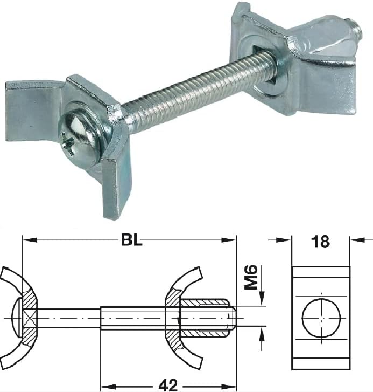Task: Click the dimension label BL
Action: [131, 239]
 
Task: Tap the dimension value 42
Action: [169, 384]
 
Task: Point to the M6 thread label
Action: [251, 277]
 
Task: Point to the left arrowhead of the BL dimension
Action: [27, 239]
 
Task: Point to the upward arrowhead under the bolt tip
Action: [262, 332]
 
